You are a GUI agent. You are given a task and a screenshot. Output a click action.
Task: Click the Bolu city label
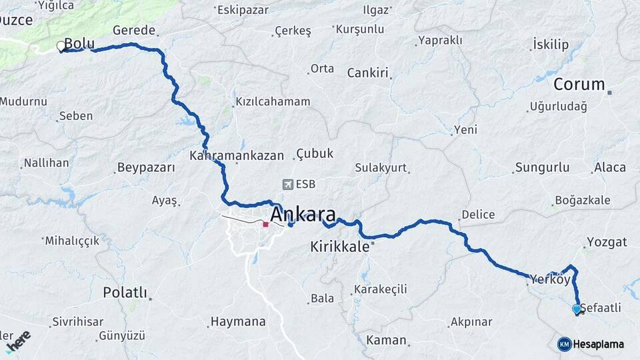coord(79,44)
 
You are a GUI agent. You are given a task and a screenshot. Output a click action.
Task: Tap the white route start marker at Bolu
coord(61,46)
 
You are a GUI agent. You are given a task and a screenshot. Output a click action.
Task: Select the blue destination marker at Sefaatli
coord(577,309)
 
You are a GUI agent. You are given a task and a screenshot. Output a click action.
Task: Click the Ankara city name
coord(303,214)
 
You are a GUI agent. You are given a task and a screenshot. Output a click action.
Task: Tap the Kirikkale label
coord(339,247)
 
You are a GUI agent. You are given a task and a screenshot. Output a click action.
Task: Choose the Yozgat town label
coord(607,242)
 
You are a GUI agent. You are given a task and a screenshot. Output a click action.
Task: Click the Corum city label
coord(579,85)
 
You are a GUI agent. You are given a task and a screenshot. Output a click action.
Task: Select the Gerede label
coord(134,31)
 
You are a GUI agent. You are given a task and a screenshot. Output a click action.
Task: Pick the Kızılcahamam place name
coord(273,102)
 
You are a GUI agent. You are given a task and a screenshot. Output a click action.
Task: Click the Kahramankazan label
coord(237,156)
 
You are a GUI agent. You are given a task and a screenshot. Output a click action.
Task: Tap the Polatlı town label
coord(125,292)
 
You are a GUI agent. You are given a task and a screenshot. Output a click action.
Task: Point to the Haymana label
coord(238,321)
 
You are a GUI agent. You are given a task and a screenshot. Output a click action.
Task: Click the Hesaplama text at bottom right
coord(599,344)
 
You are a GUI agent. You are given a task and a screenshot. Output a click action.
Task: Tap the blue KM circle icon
coord(564,344)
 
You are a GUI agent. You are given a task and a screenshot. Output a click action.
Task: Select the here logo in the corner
coord(18,341)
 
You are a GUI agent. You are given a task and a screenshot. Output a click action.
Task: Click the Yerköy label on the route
coord(551,279)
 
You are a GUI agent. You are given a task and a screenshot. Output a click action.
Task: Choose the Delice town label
coord(478,215)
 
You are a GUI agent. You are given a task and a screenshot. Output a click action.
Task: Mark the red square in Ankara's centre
coord(265,225)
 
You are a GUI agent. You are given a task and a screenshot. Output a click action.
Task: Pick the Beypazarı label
coord(145,167)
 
